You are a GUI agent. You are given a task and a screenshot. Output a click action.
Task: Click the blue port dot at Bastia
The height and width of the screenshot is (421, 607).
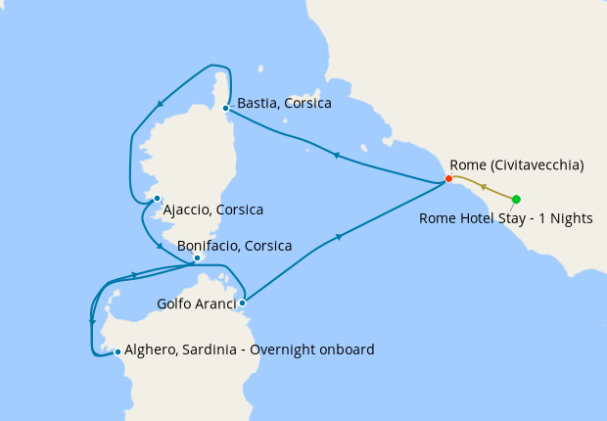tap(225, 108)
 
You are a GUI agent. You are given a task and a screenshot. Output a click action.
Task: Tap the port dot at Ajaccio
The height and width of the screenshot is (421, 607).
tap(157, 199)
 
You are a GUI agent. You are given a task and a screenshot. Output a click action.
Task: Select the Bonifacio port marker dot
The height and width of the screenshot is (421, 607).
tap(197, 258)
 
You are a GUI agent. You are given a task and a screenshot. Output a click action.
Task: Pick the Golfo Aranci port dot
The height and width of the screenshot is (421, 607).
tap(243, 303)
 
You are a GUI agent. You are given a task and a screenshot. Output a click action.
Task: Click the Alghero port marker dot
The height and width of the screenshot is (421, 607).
tap(117, 351)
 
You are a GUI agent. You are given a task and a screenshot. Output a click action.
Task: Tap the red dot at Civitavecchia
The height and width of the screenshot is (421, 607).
tap(448, 178)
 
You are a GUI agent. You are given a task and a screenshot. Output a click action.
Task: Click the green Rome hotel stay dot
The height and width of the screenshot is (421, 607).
tap(516, 200)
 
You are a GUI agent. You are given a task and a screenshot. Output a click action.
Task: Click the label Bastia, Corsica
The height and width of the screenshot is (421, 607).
tap(284, 103)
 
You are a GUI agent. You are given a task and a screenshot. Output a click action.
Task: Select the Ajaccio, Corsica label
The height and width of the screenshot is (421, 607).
tap(213, 210)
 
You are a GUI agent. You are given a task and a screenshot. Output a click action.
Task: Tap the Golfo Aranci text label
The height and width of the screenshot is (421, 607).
tap(197, 304)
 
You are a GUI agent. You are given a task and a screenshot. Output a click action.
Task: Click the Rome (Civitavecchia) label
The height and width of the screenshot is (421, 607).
tap(517, 164)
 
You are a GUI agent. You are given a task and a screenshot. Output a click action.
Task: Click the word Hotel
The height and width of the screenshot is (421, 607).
tap(476, 218)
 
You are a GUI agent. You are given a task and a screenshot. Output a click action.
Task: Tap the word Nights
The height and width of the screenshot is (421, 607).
tap(571, 218)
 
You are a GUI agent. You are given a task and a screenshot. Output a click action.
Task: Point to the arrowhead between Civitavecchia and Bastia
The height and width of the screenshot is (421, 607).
tap(336, 155)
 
